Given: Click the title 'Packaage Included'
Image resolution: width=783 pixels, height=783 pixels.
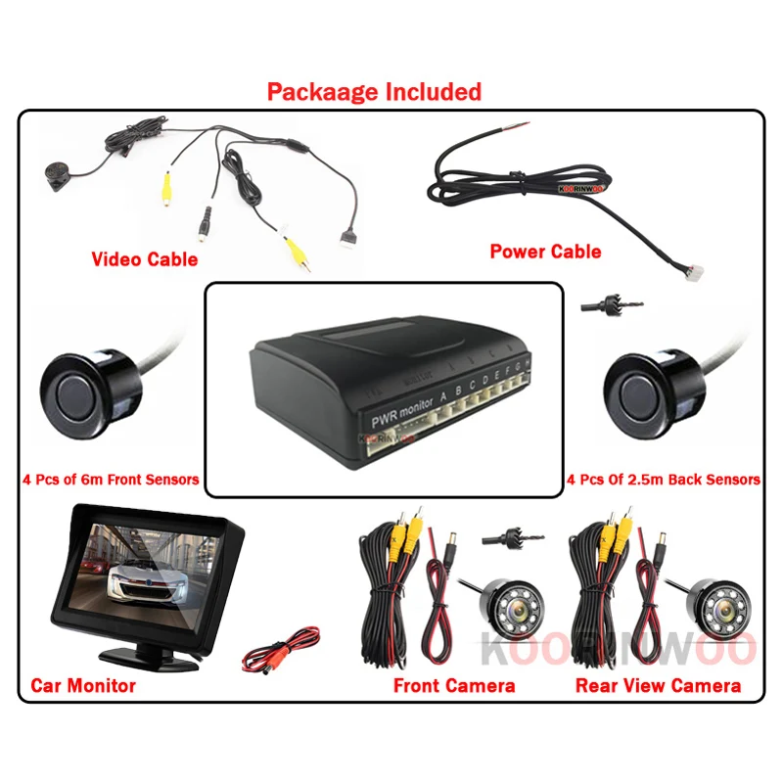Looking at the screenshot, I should [375, 92].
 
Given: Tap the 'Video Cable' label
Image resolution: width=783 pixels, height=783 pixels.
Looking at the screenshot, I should [144, 259].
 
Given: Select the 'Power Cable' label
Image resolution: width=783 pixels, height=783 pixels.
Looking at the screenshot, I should [545, 252].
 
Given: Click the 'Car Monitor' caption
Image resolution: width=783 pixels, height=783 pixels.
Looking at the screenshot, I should [83, 685].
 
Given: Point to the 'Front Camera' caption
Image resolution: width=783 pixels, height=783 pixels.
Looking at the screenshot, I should [454, 685].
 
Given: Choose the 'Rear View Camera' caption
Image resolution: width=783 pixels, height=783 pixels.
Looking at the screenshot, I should [658, 685].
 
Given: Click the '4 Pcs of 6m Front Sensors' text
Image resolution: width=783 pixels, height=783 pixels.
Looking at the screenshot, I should [111, 480].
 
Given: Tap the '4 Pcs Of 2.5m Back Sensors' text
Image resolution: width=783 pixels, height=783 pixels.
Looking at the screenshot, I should [663, 480].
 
